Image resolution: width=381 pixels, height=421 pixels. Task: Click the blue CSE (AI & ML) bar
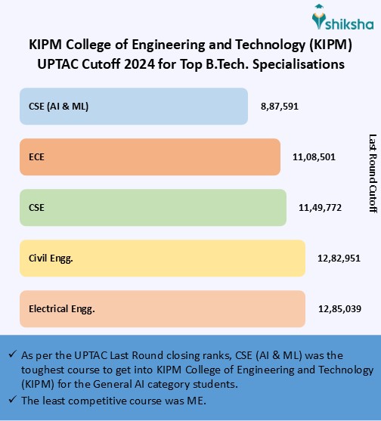(x=133, y=107)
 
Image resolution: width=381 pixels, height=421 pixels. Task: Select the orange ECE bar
(x=149, y=157)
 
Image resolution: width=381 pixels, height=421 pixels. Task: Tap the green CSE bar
(x=152, y=207)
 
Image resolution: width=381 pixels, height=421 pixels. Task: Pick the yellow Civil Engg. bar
(x=162, y=258)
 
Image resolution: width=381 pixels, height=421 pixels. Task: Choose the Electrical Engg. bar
(x=162, y=308)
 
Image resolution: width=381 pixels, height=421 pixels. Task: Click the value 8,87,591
(x=280, y=107)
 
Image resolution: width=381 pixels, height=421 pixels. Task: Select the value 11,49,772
(x=319, y=207)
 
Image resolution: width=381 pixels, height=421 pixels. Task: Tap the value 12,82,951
(x=339, y=258)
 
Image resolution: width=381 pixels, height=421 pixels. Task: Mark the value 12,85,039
(x=339, y=308)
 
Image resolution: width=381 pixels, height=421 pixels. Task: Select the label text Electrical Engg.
(x=62, y=308)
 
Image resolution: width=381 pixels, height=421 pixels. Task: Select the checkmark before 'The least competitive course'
(x=11, y=400)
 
